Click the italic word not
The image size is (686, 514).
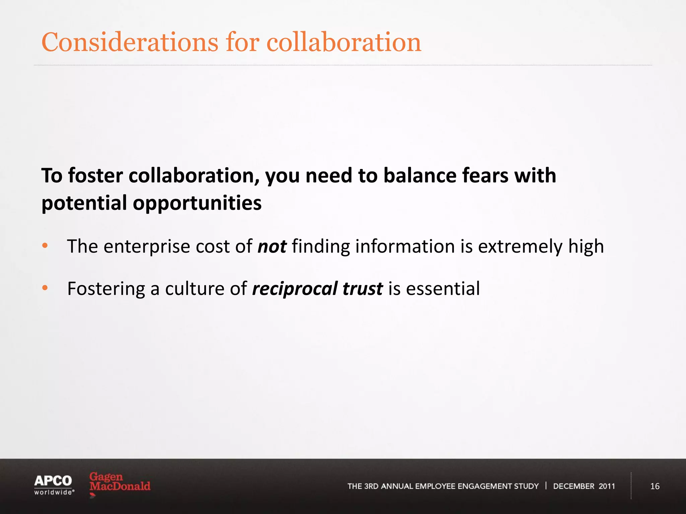tap(272, 246)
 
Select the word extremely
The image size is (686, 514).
tap(520, 246)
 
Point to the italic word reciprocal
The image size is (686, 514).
tap(295, 289)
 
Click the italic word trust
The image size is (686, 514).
tap(362, 289)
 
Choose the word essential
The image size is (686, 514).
tap(443, 288)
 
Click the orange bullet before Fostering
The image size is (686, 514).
tap(45, 288)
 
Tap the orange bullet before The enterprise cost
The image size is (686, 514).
tap(45, 246)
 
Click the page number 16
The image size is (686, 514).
tap(655, 486)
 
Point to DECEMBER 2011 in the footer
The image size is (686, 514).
tap(584, 486)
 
